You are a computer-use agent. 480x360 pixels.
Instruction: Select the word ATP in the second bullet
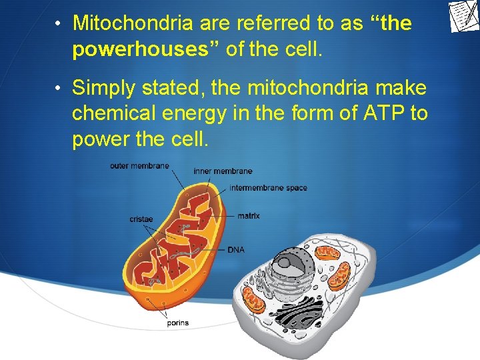(385, 114)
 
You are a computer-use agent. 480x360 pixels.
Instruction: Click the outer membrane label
(139, 166)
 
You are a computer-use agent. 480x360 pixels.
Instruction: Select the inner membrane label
(223, 171)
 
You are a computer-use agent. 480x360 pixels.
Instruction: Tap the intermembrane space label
(268, 188)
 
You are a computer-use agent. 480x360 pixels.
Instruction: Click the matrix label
(249, 216)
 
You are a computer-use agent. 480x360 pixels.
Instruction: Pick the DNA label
(236, 250)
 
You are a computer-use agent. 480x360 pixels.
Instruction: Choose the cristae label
(141, 219)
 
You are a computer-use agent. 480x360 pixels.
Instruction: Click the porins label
(177, 323)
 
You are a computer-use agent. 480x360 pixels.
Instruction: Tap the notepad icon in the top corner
(463, 17)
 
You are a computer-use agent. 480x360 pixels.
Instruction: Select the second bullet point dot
(59, 89)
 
